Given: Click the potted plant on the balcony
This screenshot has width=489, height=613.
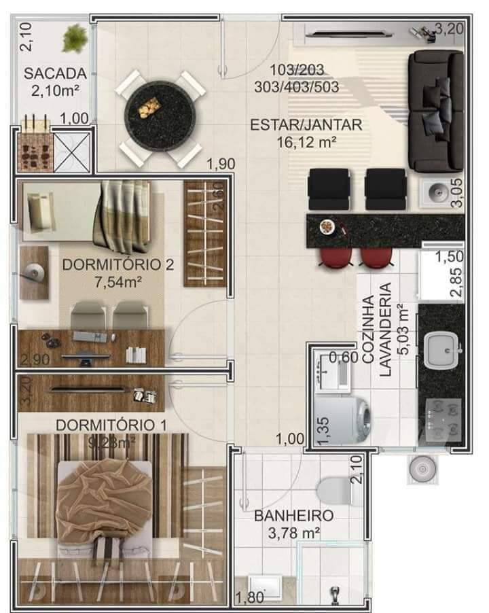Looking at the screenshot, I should tap(74, 38).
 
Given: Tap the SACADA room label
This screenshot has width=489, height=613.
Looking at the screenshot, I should tap(56, 73).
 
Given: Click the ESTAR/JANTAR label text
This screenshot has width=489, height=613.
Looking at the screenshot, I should tap(306, 125).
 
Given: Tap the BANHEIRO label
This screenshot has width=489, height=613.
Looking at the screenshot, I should tap(293, 516).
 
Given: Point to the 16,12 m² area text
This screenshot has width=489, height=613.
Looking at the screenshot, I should tap(306, 142).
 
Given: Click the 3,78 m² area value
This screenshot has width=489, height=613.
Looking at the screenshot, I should tap(293, 533).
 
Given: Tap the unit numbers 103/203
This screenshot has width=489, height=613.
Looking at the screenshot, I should tap(297, 69).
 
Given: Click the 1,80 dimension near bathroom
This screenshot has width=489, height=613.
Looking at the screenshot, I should tap(248, 598).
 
